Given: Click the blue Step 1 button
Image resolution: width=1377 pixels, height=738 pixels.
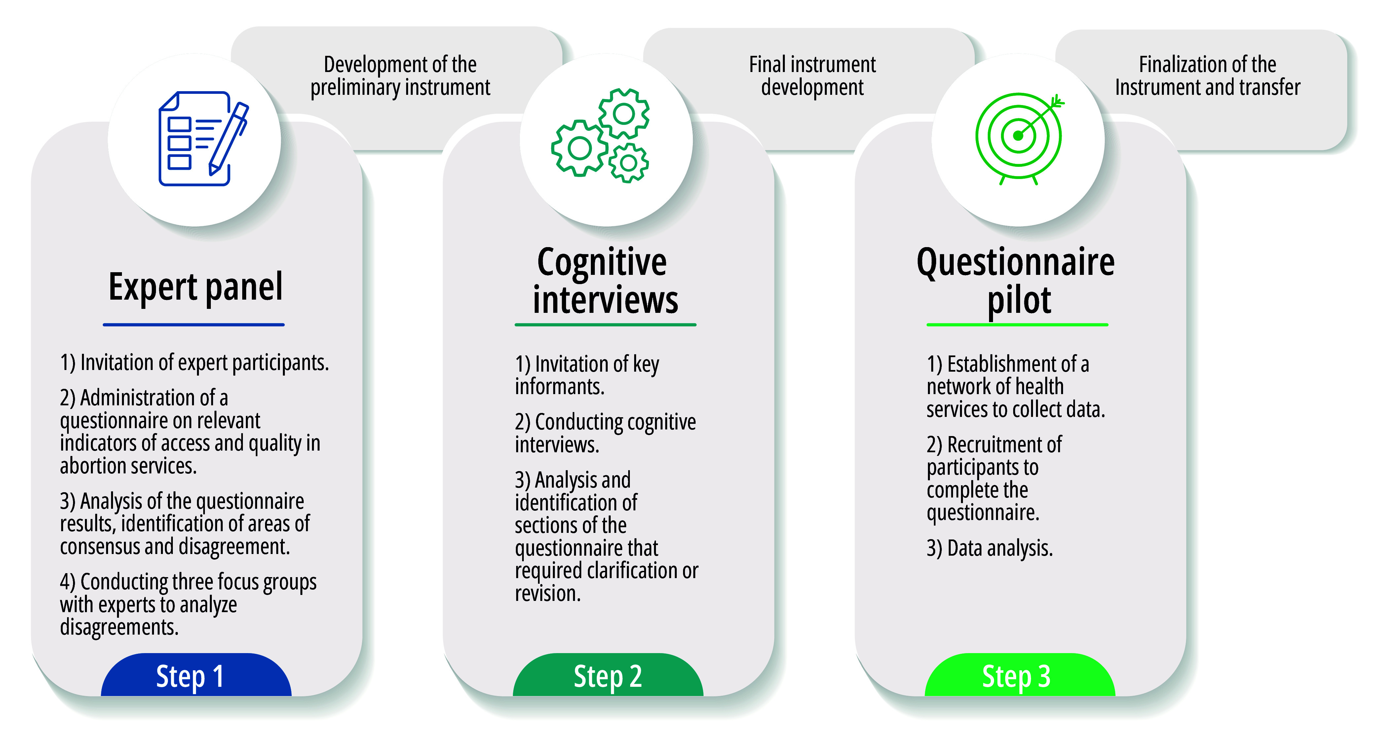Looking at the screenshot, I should pyautogui.click(x=196, y=676).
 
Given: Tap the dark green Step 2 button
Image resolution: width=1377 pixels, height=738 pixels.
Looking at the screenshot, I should pyautogui.click(x=608, y=676).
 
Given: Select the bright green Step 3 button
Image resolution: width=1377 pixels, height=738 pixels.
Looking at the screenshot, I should pyautogui.click(x=1019, y=676).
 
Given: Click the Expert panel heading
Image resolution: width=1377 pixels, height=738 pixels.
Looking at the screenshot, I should pyautogui.click(x=196, y=287).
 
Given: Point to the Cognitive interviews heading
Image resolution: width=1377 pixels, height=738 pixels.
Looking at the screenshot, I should pyautogui.click(x=605, y=280).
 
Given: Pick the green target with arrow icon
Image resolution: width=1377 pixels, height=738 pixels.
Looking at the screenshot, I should pyautogui.click(x=1019, y=138).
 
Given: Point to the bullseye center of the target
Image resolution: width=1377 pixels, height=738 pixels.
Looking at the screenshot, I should pyautogui.click(x=1018, y=136).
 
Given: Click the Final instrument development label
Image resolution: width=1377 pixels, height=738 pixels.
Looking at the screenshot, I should pyautogui.click(x=812, y=75).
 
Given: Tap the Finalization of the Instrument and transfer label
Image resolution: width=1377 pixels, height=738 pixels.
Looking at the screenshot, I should pyautogui.click(x=1207, y=75).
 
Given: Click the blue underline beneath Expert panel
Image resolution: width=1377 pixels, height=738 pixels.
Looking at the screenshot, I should pyautogui.click(x=194, y=324).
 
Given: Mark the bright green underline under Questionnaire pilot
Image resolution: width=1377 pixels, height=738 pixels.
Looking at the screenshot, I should pyautogui.click(x=1017, y=324).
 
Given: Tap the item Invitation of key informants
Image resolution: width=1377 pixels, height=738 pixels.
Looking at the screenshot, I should pyautogui.click(x=587, y=375).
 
